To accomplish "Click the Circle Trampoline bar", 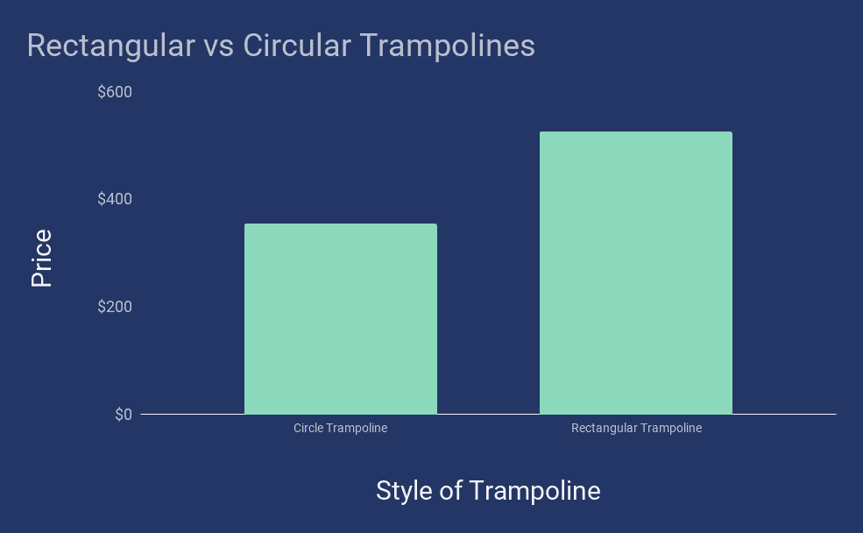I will pyautogui.click(x=340, y=319).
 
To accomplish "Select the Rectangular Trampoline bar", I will pyautogui.click(x=635, y=273).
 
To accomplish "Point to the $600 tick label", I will pyautogui.click(x=114, y=92).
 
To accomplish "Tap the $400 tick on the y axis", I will pyautogui.click(x=114, y=200).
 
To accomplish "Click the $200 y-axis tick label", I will pyautogui.click(x=114, y=307).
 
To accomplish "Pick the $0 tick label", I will pyautogui.click(x=123, y=415).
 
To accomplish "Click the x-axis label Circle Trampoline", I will pyautogui.click(x=340, y=429).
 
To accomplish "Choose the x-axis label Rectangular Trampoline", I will pyautogui.click(x=636, y=429).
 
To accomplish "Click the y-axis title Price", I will pyautogui.click(x=41, y=258).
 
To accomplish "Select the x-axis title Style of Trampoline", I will pyautogui.click(x=488, y=491).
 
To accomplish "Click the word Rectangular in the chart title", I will pyautogui.click(x=110, y=46).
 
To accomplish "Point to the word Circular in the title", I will pyautogui.click(x=294, y=46).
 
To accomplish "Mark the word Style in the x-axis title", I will pyautogui.click(x=404, y=491).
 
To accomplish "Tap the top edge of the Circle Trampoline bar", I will pyautogui.click(x=340, y=224).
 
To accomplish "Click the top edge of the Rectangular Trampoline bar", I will pyautogui.click(x=635, y=132).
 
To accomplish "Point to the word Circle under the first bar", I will pyautogui.click(x=308, y=429).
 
